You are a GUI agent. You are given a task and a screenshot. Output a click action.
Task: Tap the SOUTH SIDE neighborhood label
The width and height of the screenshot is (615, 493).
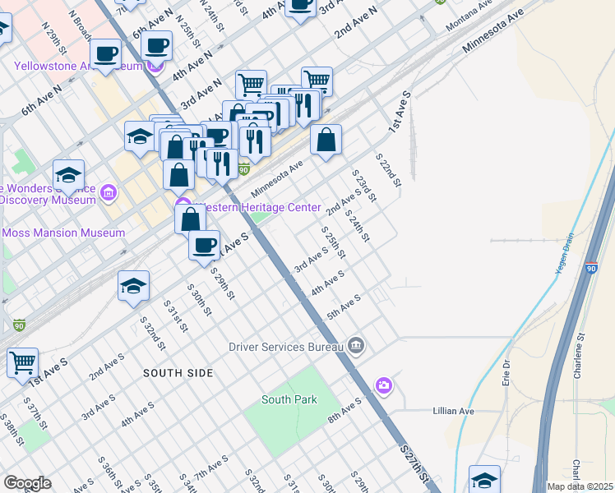point(178,372)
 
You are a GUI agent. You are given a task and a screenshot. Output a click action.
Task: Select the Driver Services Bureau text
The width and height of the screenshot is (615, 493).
point(285,346)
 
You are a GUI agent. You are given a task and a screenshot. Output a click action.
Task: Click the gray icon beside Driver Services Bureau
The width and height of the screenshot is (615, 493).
point(355,345)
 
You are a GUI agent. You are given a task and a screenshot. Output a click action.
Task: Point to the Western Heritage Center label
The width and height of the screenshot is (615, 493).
point(257,207)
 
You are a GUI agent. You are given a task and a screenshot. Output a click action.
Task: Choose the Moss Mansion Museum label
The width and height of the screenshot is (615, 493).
point(63,233)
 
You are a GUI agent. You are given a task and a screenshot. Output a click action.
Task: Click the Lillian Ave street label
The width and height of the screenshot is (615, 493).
point(454,410)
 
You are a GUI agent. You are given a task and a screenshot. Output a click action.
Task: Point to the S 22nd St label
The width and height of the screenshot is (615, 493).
point(387,168)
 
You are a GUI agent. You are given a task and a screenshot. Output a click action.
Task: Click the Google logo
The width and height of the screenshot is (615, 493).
point(27,483)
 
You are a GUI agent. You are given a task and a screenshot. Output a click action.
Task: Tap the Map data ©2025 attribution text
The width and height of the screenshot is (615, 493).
point(580,486)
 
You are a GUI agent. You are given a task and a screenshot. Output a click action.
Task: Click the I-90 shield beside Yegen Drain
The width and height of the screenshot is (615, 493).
point(592,269)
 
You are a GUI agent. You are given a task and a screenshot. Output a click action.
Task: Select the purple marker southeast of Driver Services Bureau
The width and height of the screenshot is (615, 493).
point(384,385)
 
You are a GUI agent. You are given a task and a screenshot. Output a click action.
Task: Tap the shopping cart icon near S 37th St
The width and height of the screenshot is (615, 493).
point(23,362)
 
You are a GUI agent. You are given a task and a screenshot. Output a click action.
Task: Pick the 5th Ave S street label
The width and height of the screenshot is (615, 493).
point(344,308)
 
